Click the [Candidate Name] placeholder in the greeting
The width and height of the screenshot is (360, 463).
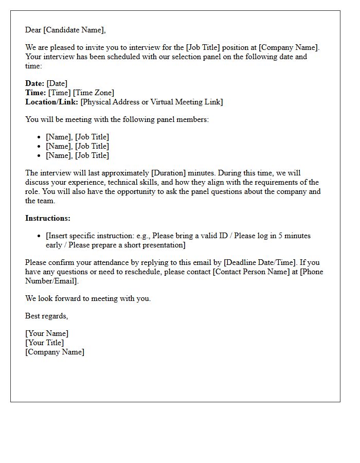[x=74, y=30]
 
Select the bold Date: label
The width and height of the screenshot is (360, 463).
[x=35, y=83]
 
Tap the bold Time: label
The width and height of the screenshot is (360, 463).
[x=35, y=93]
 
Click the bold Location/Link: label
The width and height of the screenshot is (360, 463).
[x=52, y=102]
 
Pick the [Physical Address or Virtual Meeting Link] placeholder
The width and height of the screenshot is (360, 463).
[x=152, y=102]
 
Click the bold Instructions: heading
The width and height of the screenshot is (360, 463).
[x=48, y=218]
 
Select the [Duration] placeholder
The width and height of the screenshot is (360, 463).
[x=168, y=173]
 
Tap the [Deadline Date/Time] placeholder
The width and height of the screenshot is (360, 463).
[x=260, y=262]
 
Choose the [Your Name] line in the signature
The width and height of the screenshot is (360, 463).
[x=47, y=333]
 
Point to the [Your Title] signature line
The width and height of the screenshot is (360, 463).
[x=45, y=343]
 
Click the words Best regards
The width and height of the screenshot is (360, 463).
[x=46, y=316]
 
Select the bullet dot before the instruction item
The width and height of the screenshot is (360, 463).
[x=40, y=236]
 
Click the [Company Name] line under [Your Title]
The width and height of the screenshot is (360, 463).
[x=55, y=352]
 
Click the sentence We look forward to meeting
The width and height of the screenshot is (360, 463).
[x=88, y=298]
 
